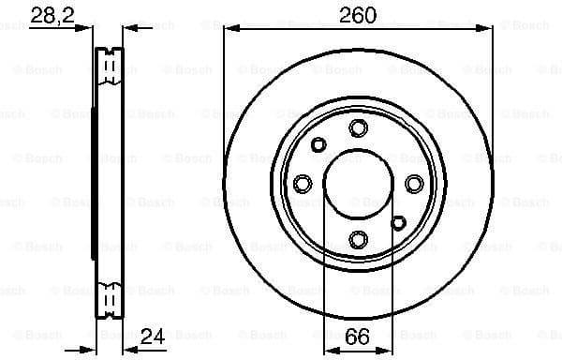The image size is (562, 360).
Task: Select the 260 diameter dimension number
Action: (357, 14)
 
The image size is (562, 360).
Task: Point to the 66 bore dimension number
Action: (357, 335)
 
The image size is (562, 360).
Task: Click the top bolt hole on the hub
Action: (357, 128)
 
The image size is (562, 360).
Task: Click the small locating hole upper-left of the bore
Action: (318, 144)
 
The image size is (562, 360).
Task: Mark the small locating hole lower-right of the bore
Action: (398, 223)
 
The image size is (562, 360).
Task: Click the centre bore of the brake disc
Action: (357, 184)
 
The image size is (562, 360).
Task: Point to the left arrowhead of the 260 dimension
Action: (228, 29)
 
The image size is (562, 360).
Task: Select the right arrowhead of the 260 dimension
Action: (488, 29)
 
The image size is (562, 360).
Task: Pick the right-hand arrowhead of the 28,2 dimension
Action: (128, 29)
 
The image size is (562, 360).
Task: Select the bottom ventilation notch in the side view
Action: (111, 302)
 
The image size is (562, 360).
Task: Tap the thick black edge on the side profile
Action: (95, 184)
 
